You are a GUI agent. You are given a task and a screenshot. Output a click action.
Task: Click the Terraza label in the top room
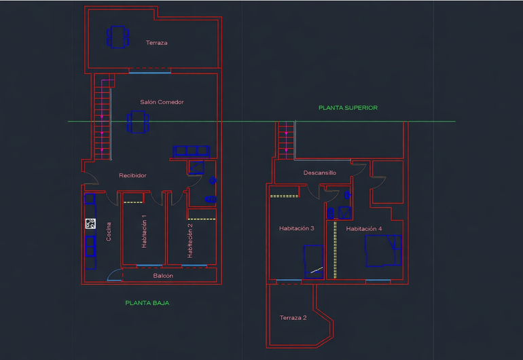click(x=156, y=43)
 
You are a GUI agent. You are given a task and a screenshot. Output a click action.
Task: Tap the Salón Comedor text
click(x=162, y=102)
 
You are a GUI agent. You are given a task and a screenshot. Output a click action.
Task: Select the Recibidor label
click(x=132, y=175)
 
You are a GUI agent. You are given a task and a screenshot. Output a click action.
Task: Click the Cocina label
click(x=109, y=232)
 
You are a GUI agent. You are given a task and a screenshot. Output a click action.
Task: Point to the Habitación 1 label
click(x=144, y=232)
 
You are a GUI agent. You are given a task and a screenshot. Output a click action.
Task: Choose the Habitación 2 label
click(x=190, y=241)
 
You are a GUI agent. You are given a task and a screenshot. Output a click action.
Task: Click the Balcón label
click(x=163, y=276)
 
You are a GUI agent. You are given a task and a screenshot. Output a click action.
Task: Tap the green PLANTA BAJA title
click(x=147, y=303)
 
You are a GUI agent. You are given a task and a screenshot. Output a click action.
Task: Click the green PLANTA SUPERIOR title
click(x=348, y=108)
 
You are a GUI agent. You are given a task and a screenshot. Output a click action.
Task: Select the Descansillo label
click(x=319, y=173)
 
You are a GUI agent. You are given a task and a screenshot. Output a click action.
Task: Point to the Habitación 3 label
click(x=297, y=228)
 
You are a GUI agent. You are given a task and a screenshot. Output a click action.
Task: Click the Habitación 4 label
click(x=364, y=229)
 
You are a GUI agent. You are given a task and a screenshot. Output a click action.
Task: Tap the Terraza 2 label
click(x=293, y=318)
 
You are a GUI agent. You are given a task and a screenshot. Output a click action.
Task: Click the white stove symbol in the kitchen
click(x=90, y=223)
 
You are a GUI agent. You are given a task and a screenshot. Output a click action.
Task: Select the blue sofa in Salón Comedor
click(x=191, y=151)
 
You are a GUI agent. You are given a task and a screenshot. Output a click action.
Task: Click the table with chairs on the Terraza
click(x=118, y=37)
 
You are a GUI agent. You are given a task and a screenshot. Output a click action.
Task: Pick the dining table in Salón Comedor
click(x=138, y=122)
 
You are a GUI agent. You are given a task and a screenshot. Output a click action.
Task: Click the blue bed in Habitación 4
click(x=383, y=251)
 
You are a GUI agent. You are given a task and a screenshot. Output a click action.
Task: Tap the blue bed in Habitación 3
click(x=314, y=262)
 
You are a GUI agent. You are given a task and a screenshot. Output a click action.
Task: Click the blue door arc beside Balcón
click(x=114, y=275)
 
